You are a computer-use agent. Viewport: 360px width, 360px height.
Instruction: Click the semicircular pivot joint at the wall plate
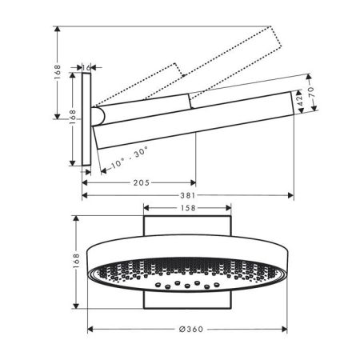pos(96,118)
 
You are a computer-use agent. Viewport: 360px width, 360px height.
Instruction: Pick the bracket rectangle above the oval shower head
pos(189,226)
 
